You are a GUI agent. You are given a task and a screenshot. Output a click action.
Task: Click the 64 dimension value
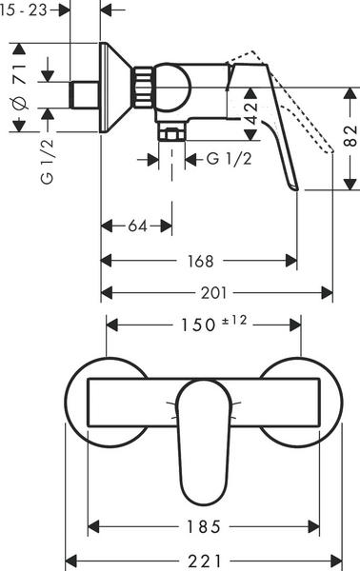(x=137, y=226)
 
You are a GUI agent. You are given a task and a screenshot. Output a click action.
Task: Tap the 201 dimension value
(x=215, y=291)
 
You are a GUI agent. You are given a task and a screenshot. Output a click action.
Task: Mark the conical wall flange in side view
(x=116, y=90)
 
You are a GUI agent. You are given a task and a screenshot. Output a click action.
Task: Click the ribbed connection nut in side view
(x=143, y=90)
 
